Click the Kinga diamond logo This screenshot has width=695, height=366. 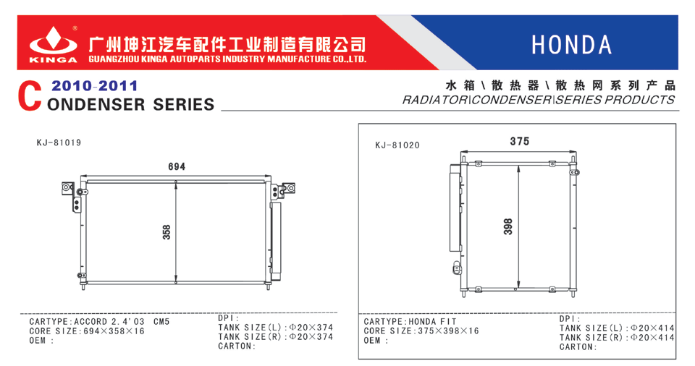pyautogui.click(x=53, y=41)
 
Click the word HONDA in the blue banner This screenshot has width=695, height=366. pyautogui.click(x=572, y=45)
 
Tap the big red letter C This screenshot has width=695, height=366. pyautogui.click(x=30, y=95)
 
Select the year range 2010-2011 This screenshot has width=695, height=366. pyautogui.click(x=94, y=85)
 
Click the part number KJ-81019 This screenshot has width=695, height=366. pyautogui.click(x=59, y=142)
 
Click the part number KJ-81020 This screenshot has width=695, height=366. pyautogui.click(x=397, y=145)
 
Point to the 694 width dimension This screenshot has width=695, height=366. pyautogui.click(x=177, y=166)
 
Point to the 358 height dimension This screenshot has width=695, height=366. pyautogui.click(x=167, y=232)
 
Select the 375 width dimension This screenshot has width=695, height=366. pyautogui.click(x=520, y=141)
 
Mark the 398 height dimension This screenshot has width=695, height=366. pyautogui.click(x=508, y=226)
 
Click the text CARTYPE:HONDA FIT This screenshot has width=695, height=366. pyautogui.click(x=410, y=322)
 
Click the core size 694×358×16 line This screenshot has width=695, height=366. pyautogui.click(x=87, y=331)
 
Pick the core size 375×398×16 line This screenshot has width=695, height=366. pyautogui.click(x=421, y=331)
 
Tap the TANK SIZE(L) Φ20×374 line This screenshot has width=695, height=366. pyautogui.click(x=275, y=328)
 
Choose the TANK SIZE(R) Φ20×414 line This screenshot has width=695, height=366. pyautogui.click(x=617, y=338)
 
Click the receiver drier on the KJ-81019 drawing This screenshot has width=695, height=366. pyautogui.click(x=276, y=241)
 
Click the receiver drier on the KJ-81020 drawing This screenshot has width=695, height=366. pyautogui.click(x=455, y=208)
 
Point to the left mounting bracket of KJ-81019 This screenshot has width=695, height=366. pyautogui.click(x=72, y=195)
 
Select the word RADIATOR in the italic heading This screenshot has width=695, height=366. pyautogui.click(x=435, y=100)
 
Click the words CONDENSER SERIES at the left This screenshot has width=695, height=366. pyautogui.click(x=131, y=105)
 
